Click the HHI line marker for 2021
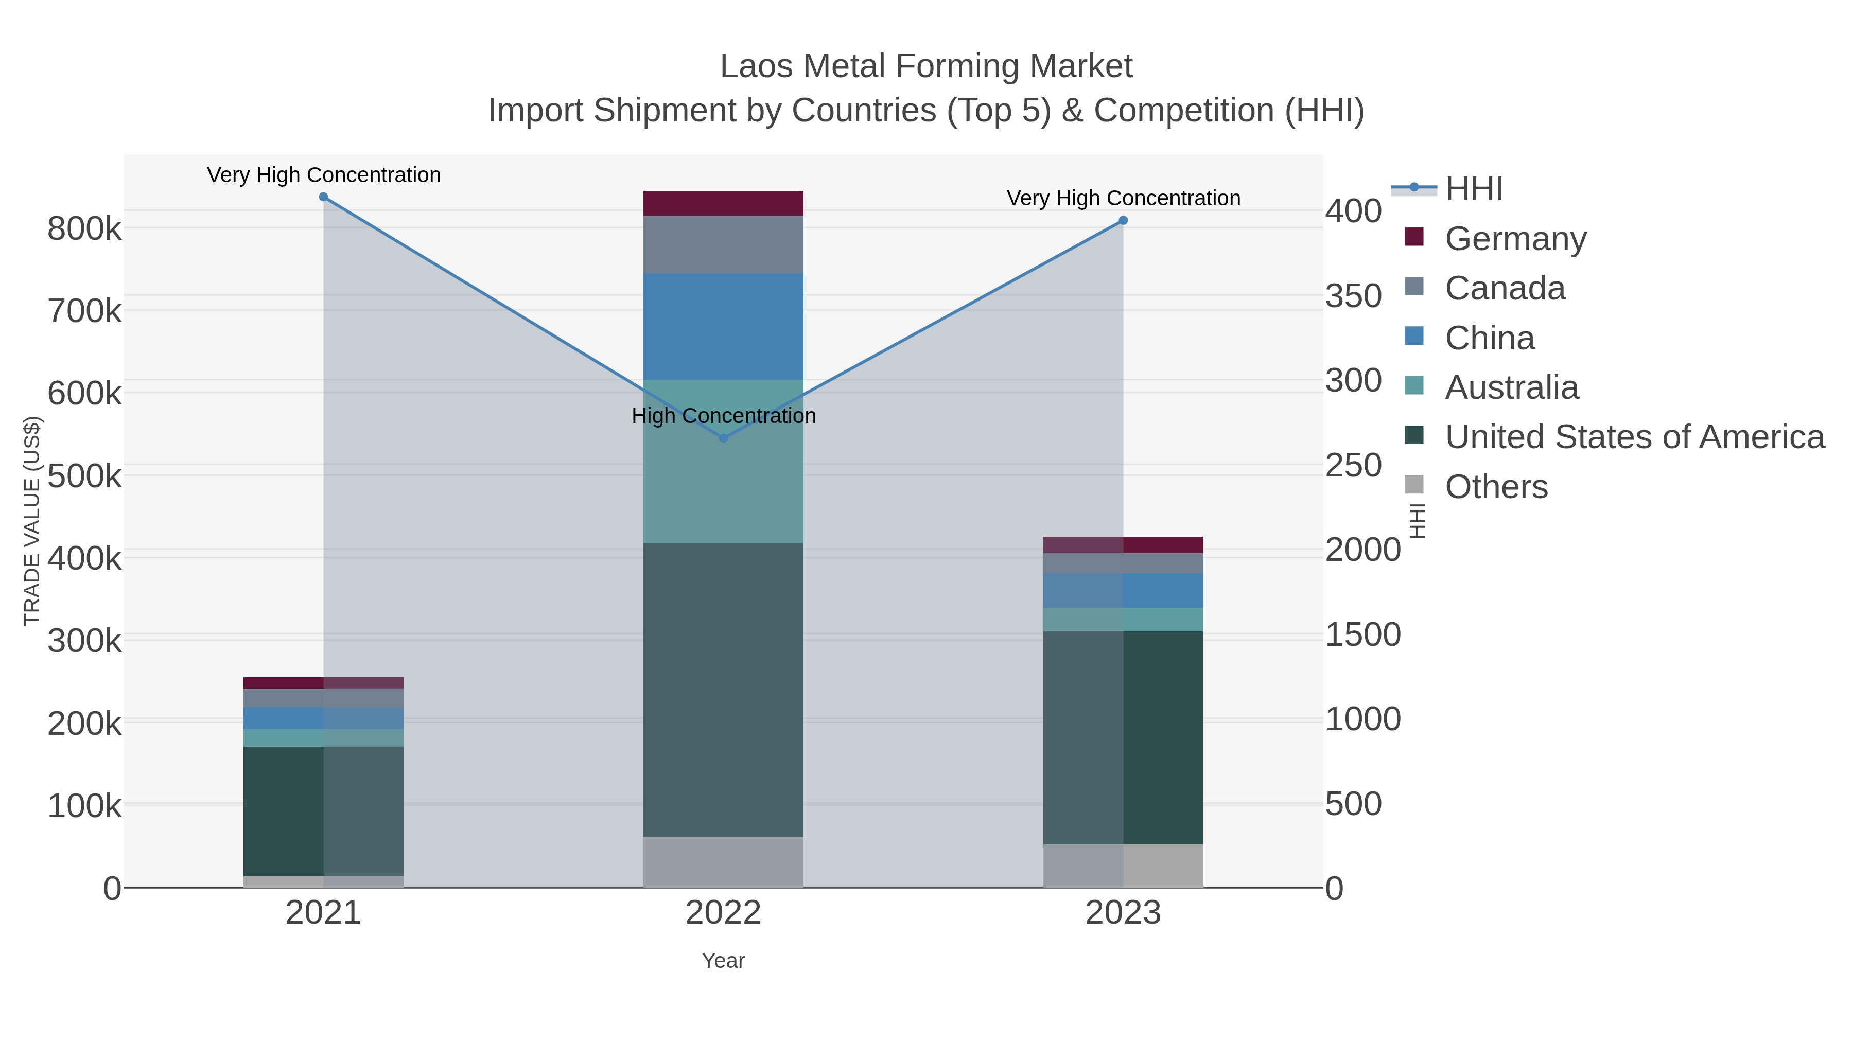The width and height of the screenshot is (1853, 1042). tap(324, 197)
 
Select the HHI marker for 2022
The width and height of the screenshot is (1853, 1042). tap(724, 438)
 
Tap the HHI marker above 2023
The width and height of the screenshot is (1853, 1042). tap(1123, 221)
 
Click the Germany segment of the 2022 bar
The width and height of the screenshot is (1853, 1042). tap(723, 203)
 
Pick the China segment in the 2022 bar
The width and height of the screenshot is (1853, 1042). tap(723, 326)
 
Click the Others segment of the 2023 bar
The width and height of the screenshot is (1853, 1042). tap(1123, 866)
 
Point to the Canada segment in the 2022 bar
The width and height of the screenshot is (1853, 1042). tap(723, 244)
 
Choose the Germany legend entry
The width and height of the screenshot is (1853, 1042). tap(1515, 238)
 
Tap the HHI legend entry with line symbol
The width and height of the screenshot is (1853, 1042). tap(1473, 188)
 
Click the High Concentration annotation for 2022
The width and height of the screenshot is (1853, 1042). tap(724, 416)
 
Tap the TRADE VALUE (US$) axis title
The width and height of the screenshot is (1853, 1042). tap(32, 521)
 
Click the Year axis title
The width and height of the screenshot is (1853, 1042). tap(723, 961)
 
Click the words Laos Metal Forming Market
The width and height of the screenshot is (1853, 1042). tap(926, 66)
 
